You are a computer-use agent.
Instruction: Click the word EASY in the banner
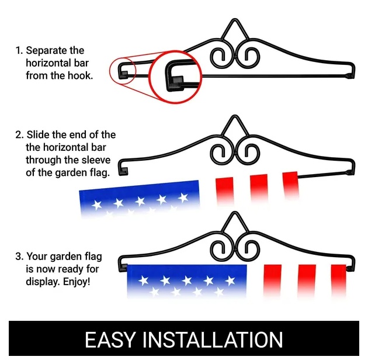[x=110, y=340]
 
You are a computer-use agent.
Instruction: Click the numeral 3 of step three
[x=18, y=257]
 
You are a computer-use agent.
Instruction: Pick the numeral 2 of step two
[x=18, y=135]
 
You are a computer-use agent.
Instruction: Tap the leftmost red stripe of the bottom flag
[x=272, y=281]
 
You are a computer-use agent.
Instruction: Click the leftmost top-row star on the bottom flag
[x=143, y=281]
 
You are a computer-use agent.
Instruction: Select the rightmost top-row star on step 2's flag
[x=183, y=198]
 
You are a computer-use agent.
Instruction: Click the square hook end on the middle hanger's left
[x=123, y=171]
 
